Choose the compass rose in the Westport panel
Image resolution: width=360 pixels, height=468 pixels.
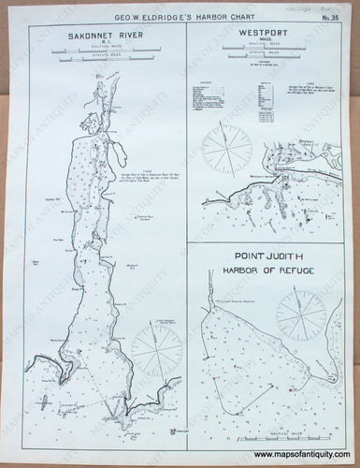[x=226, y=150]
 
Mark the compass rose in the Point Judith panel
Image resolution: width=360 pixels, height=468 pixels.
[x=301, y=314]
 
